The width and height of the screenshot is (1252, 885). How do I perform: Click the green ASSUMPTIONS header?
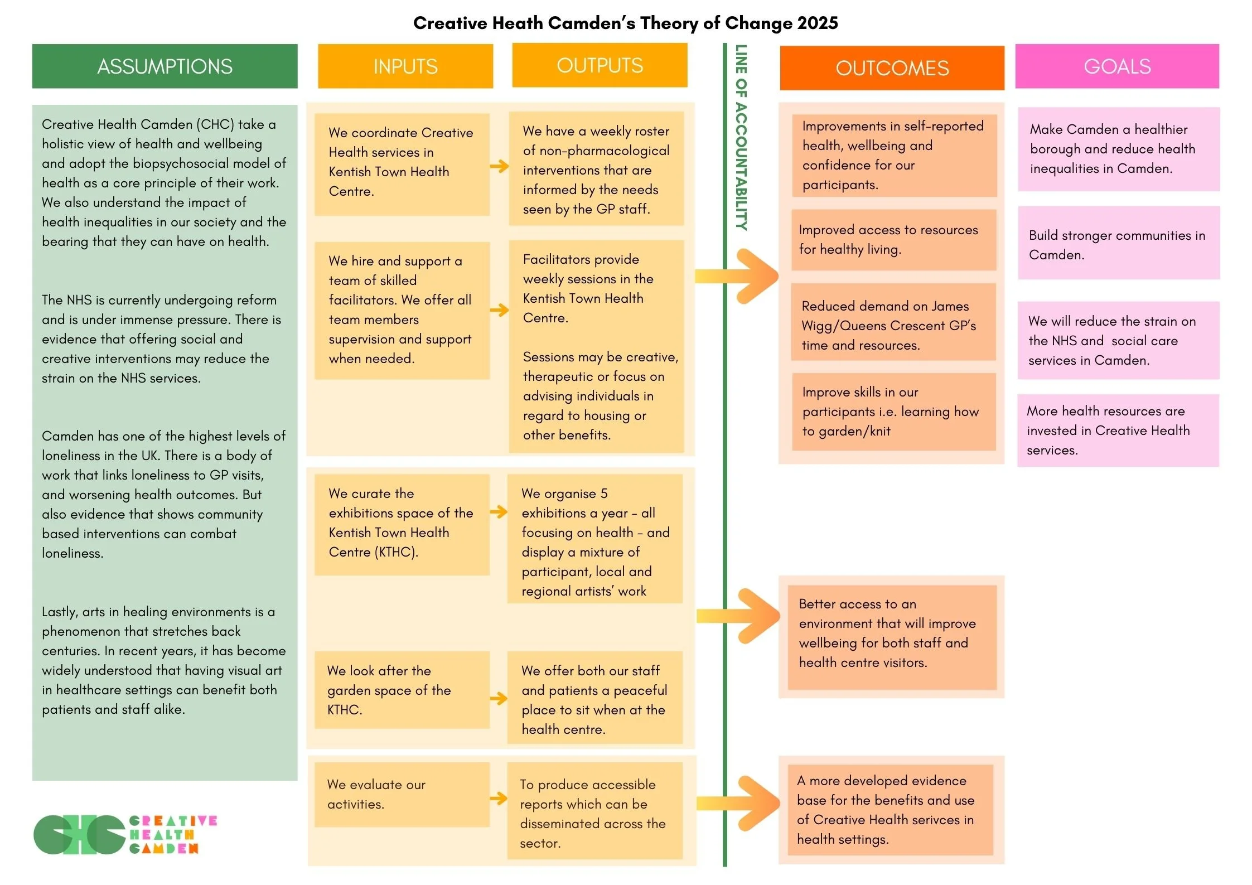coord(165,66)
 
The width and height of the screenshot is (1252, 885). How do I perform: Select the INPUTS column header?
coord(405,66)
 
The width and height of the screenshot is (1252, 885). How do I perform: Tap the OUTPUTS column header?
coord(600,65)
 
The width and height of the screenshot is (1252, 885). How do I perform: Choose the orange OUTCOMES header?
coord(892,68)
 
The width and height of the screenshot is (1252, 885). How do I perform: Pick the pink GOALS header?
coord(1117,66)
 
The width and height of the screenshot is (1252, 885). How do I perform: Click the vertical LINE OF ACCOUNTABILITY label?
coord(741,137)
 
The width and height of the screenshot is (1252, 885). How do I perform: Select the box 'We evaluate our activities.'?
coord(402,794)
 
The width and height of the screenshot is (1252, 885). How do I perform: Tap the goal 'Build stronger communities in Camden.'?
coord(1118,244)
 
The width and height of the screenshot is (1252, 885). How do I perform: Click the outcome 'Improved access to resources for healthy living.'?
coord(893,240)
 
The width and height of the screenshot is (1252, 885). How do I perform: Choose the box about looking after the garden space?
coord(402,690)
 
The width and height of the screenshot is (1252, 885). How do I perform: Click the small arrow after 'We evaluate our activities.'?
coord(498,799)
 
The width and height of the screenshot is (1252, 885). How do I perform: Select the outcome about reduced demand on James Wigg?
coord(893,325)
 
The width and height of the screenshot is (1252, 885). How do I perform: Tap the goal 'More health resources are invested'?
coord(1118,430)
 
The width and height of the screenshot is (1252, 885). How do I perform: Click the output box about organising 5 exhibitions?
coord(594,539)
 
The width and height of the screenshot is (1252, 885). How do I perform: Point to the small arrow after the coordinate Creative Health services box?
coord(499,166)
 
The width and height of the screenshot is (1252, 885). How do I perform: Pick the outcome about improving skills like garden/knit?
coord(893,411)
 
